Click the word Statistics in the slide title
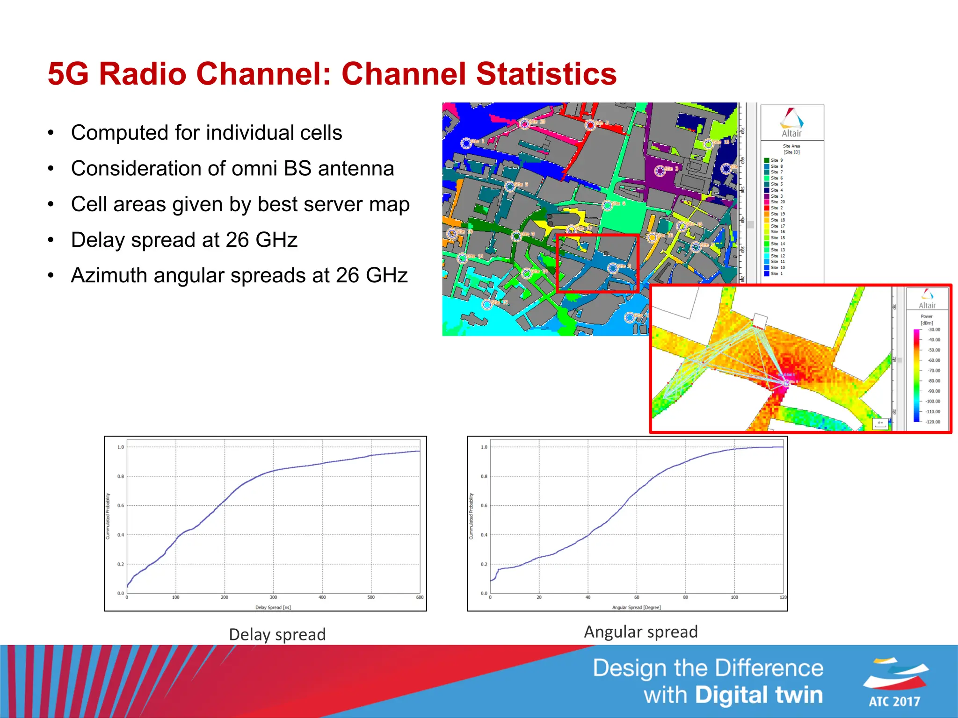546,74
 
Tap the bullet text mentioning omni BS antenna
232,168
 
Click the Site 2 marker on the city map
590,125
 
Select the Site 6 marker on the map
607,205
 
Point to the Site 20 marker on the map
524,123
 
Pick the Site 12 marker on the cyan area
487,304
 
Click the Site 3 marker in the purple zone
660,171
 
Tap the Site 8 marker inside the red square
612,268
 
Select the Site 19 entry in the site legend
777,214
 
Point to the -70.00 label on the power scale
934,371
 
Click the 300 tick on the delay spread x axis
273,597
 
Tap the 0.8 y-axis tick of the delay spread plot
121,476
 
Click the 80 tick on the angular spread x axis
685,597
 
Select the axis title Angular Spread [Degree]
636,608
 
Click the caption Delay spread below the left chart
277,635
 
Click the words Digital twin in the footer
759,695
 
